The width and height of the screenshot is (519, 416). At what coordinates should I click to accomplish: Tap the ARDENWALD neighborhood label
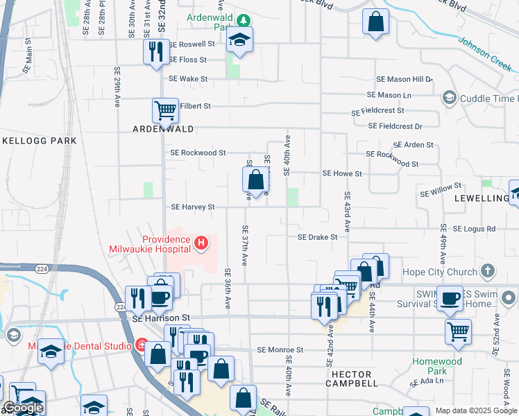coord(162,129)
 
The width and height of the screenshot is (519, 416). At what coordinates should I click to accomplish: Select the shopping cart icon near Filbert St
coord(165,110)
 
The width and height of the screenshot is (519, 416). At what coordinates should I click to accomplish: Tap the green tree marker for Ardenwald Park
coord(243,19)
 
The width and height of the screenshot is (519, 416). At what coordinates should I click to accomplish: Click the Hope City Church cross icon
coord(488,271)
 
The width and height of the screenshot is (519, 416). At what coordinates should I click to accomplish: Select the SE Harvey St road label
coord(193,207)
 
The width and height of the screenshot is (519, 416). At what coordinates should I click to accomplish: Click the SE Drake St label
coord(317,237)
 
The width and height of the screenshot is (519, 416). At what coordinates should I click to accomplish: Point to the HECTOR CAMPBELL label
coord(352,383)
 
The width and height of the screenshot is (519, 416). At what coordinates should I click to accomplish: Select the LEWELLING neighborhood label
coord(483,198)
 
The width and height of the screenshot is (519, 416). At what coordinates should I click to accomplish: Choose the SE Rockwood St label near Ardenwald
coord(198,153)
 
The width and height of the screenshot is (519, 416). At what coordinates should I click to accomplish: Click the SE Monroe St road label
coord(282,351)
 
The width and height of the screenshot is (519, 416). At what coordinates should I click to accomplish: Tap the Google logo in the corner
coord(23,408)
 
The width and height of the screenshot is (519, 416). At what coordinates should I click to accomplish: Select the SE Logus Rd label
coord(474,228)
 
